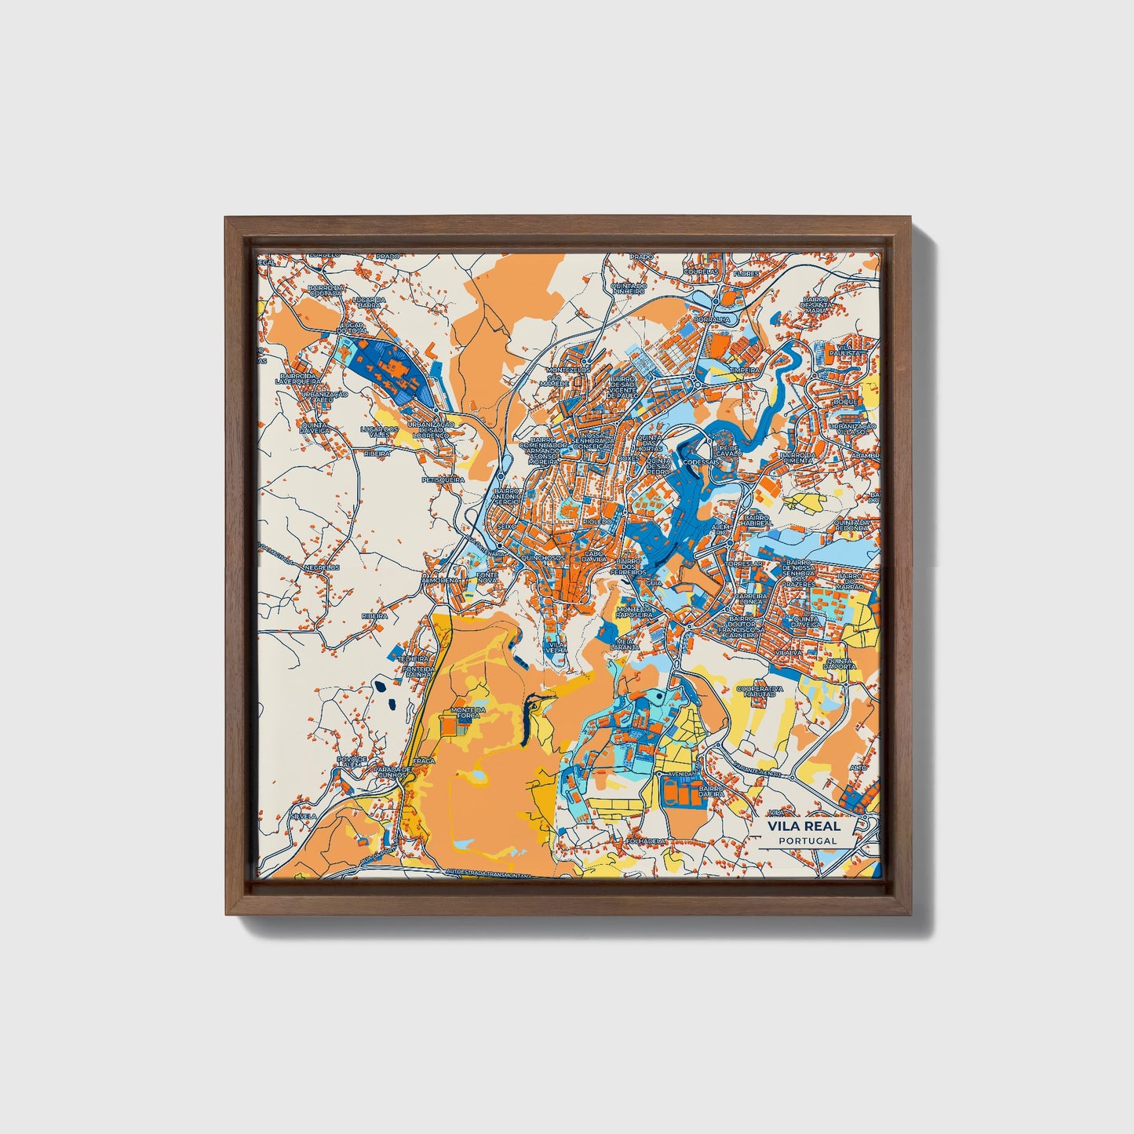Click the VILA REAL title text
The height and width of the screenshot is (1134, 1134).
coord(804,826)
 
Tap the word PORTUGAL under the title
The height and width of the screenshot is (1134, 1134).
coord(808,840)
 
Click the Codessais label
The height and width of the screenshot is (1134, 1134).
coord(700,463)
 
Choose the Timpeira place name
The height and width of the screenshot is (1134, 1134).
coord(744,369)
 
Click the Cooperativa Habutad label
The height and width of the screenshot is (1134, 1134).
coord(760,691)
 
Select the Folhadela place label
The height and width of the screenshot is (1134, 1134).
coord(646,840)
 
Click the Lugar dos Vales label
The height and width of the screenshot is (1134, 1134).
coord(379,432)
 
